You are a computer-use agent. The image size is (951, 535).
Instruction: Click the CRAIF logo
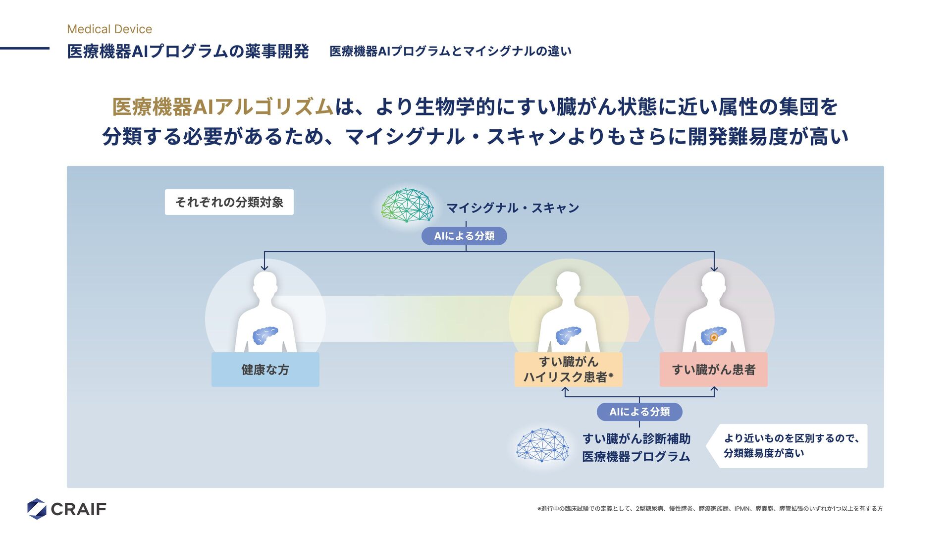(67, 509)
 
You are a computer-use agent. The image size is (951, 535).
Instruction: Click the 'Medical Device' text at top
(109, 29)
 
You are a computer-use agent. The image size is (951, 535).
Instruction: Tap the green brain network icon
(407, 205)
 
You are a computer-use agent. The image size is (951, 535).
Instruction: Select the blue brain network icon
(542, 445)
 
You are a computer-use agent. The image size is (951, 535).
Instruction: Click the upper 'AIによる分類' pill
(464, 236)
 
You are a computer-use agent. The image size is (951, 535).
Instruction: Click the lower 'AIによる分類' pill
(639, 412)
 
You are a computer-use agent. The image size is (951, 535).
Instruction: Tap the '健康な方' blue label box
(265, 370)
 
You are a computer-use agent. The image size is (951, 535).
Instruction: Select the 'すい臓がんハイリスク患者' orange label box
(568, 370)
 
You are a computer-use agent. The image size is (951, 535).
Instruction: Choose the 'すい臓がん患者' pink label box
(713, 370)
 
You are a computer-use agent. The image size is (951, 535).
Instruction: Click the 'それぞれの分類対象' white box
(229, 202)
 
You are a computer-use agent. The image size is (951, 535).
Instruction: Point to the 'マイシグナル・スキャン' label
(513, 208)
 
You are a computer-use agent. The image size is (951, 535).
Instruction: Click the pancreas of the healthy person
(265, 335)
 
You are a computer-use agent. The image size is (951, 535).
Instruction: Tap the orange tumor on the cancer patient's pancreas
(714, 338)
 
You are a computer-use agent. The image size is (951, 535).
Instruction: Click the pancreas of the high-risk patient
(568, 335)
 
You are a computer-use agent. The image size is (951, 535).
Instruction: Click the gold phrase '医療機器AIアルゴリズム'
(223, 107)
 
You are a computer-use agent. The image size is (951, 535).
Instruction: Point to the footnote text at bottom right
(710, 509)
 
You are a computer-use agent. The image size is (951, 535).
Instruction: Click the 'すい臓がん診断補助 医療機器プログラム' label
(636, 447)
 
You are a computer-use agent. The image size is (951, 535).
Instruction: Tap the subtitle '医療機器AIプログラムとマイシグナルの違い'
(450, 51)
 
